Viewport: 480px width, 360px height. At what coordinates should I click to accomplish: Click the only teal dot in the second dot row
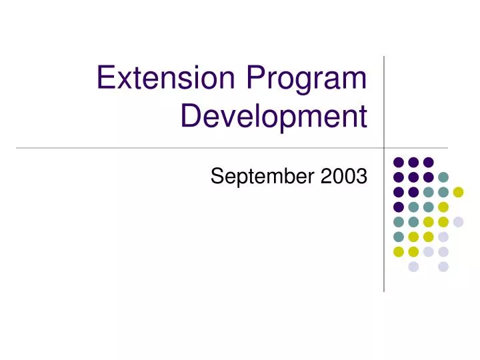pos(443,177)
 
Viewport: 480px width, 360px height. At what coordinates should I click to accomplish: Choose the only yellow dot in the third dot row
pos(458,192)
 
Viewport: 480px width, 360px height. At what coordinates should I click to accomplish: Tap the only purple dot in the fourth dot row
pos(399,207)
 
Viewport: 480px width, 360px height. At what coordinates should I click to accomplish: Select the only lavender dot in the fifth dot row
pos(458,222)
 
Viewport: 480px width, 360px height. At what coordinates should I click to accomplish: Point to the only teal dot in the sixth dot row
pos(399,237)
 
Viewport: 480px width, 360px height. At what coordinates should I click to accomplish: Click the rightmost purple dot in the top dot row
pos(429,162)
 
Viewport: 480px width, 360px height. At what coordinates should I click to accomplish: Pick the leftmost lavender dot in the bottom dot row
pos(413,267)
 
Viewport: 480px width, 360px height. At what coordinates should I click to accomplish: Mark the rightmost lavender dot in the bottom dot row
pos(443,267)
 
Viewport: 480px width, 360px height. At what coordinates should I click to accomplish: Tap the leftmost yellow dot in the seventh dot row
pos(399,251)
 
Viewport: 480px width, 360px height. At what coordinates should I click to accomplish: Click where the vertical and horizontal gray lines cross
pos(384,147)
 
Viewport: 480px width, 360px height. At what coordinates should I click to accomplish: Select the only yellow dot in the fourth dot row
pos(443,207)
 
